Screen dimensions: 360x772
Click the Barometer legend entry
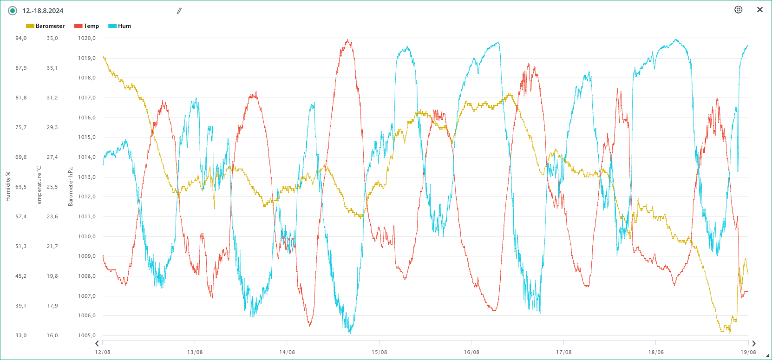pos(46,26)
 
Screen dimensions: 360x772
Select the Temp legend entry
pos(87,26)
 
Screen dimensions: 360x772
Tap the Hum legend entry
pos(120,26)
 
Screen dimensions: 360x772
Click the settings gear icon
pos(738,10)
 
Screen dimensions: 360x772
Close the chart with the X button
pos(760,10)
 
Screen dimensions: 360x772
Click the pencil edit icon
pos(179,11)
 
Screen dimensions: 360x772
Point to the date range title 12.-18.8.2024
pos(43,11)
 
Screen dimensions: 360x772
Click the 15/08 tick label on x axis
pos(379,352)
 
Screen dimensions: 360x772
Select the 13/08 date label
pos(195,352)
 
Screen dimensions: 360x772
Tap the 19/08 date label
pos(748,352)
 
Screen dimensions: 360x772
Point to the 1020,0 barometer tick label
pos(87,38)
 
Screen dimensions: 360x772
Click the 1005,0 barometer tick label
pos(87,335)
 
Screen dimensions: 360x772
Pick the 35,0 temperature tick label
pos(52,38)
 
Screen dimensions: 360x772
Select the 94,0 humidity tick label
pos(21,38)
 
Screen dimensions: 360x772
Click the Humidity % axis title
pos(7,187)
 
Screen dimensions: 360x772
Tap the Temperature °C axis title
pos(39,187)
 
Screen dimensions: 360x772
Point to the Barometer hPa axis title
pos(71,187)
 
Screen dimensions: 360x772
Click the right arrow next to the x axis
pos(754,344)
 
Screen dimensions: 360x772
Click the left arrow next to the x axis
pos(97,344)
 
